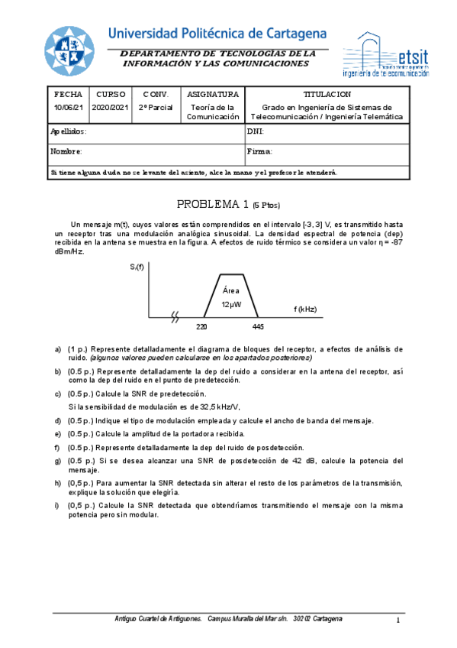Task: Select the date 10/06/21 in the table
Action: point(68,108)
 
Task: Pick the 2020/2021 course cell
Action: point(111,108)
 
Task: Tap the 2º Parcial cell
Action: point(156,108)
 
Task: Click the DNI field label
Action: point(256,131)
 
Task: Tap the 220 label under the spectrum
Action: point(201,326)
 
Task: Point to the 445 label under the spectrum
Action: point(258,326)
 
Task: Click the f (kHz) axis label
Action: point(304,309)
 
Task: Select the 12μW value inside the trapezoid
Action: point(231,304)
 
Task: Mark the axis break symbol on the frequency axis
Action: point(176,316)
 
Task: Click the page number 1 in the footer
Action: point(398,620)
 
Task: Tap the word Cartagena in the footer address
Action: point(327,617)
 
